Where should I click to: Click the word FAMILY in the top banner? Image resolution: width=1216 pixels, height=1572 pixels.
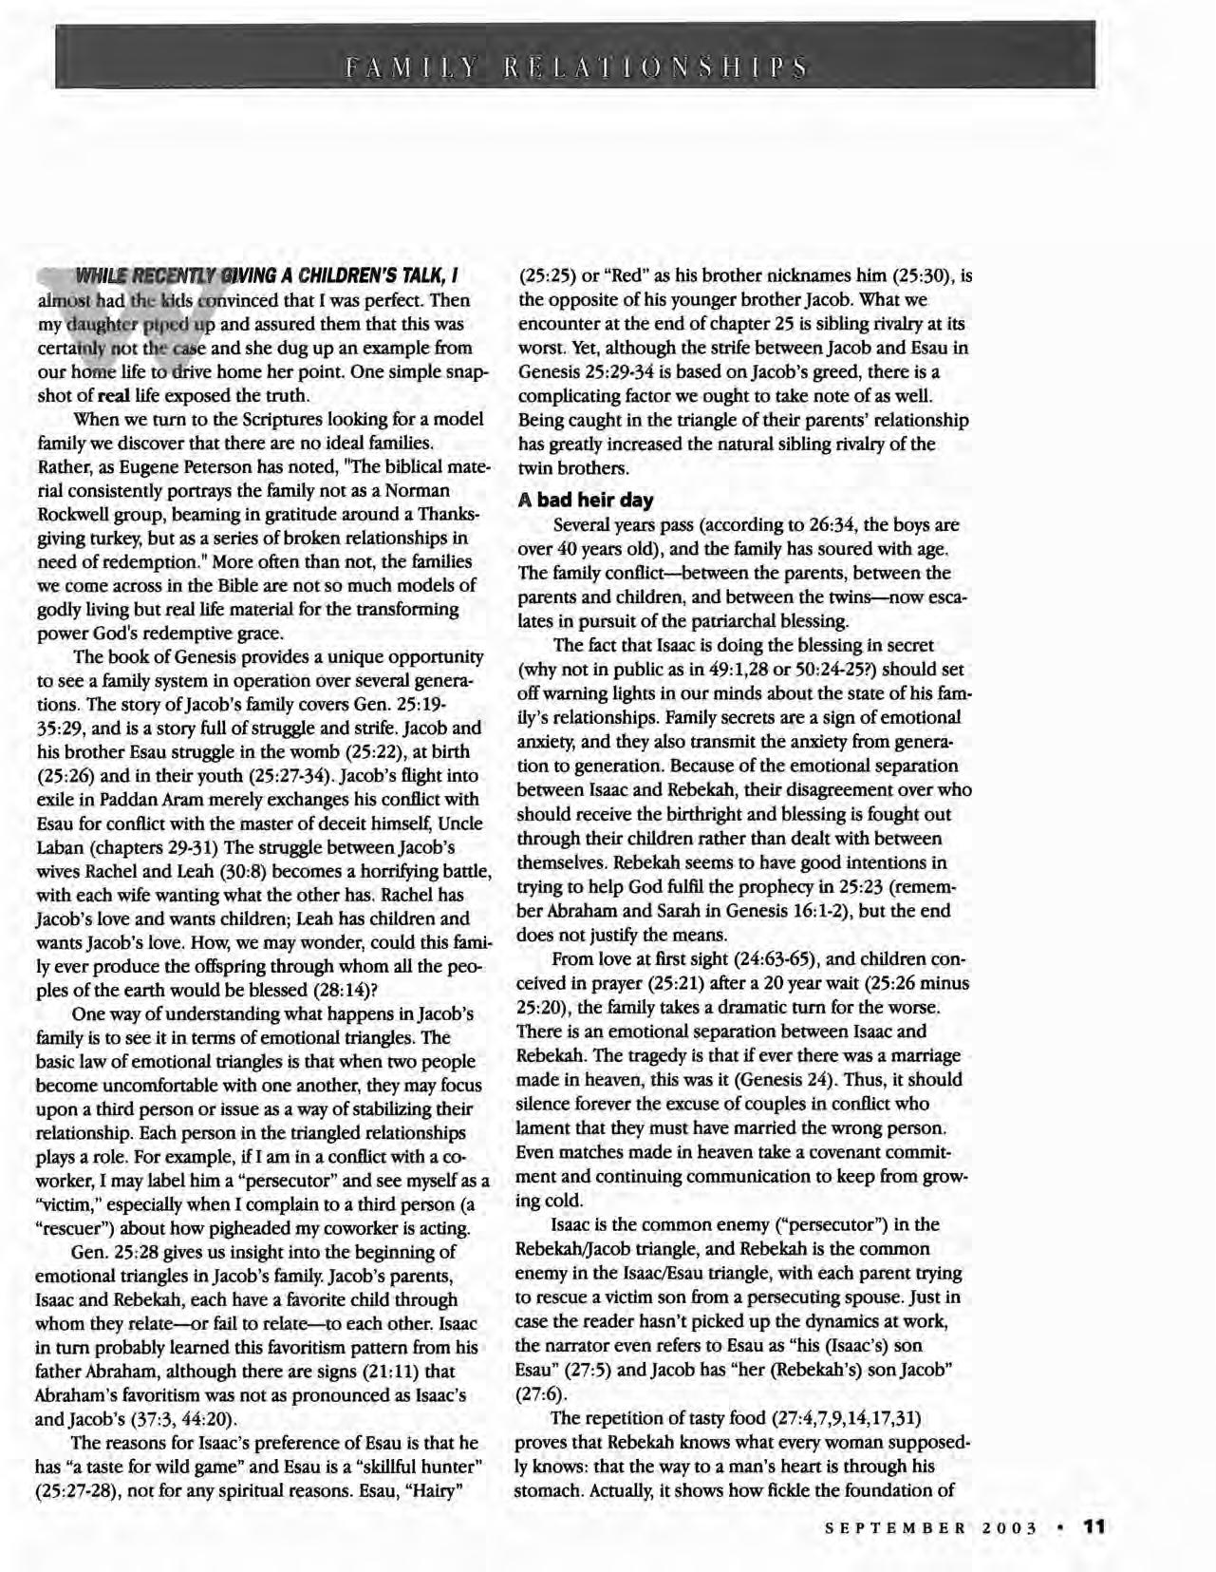coord(412,68)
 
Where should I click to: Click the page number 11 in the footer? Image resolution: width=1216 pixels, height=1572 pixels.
coord(1094,1526)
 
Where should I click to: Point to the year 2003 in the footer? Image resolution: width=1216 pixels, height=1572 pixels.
coord(1013,1528)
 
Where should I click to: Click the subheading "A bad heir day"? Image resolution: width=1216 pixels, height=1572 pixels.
coord(586,500)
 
